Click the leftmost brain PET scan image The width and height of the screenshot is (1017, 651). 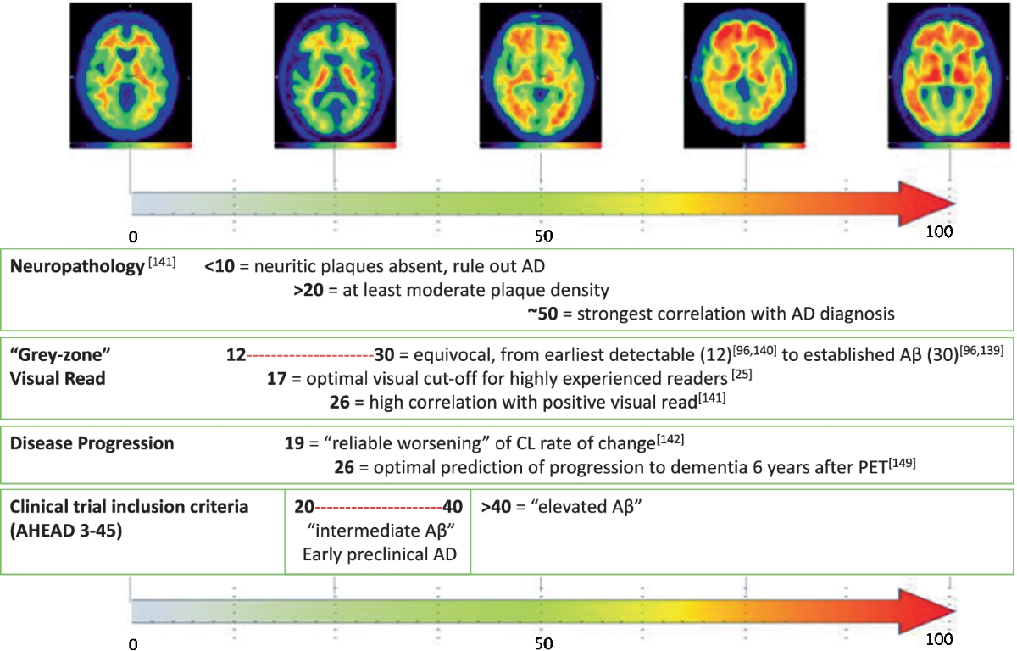click(x=129, y=75)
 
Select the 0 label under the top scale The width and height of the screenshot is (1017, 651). click(x=133, y=235)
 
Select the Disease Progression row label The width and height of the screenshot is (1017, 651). click(x=92, y=443)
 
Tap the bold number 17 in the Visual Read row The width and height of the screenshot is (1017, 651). click(x=275, y=379)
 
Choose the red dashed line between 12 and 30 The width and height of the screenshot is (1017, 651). click(x=310, y=354)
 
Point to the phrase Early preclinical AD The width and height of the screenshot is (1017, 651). click(x=377, y=555)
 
